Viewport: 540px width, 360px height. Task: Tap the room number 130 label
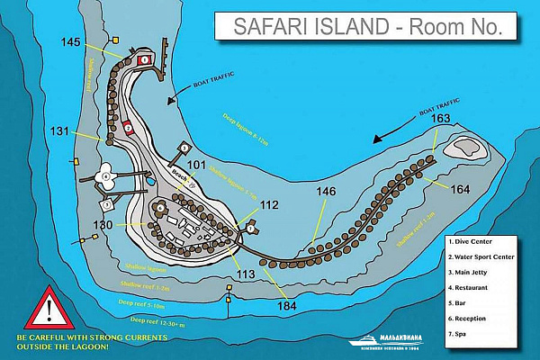click(x=104, y=224)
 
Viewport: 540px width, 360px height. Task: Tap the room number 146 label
click(x=326, y=192)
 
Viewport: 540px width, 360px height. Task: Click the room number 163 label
click(x=440, y=119)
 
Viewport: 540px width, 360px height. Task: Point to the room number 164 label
click(x=460, y=189)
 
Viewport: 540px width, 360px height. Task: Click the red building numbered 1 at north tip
click(x=146, y=59)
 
